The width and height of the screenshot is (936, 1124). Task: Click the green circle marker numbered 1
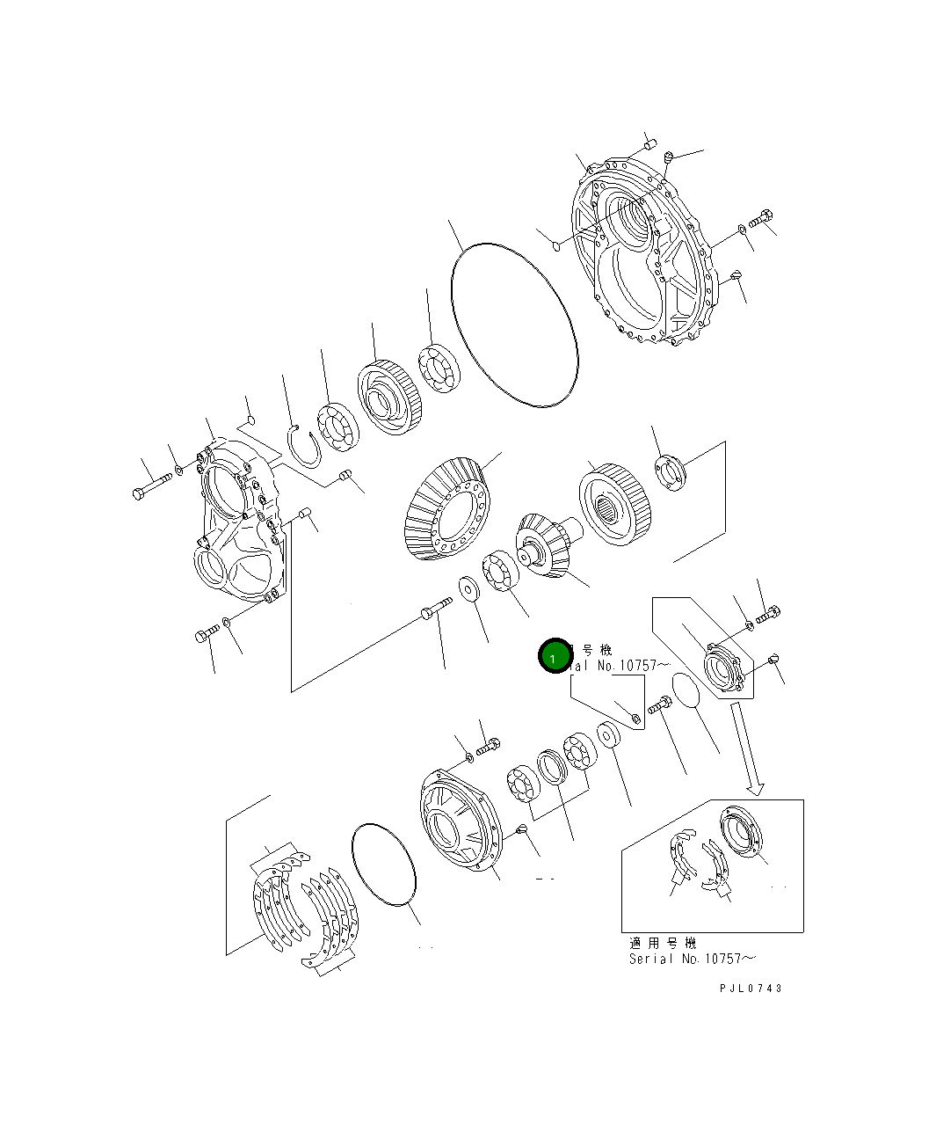[x=554, y=656]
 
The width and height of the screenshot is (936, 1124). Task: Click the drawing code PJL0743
[x=750, y=988]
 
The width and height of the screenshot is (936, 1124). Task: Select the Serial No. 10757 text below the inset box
[x=692, y=959]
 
